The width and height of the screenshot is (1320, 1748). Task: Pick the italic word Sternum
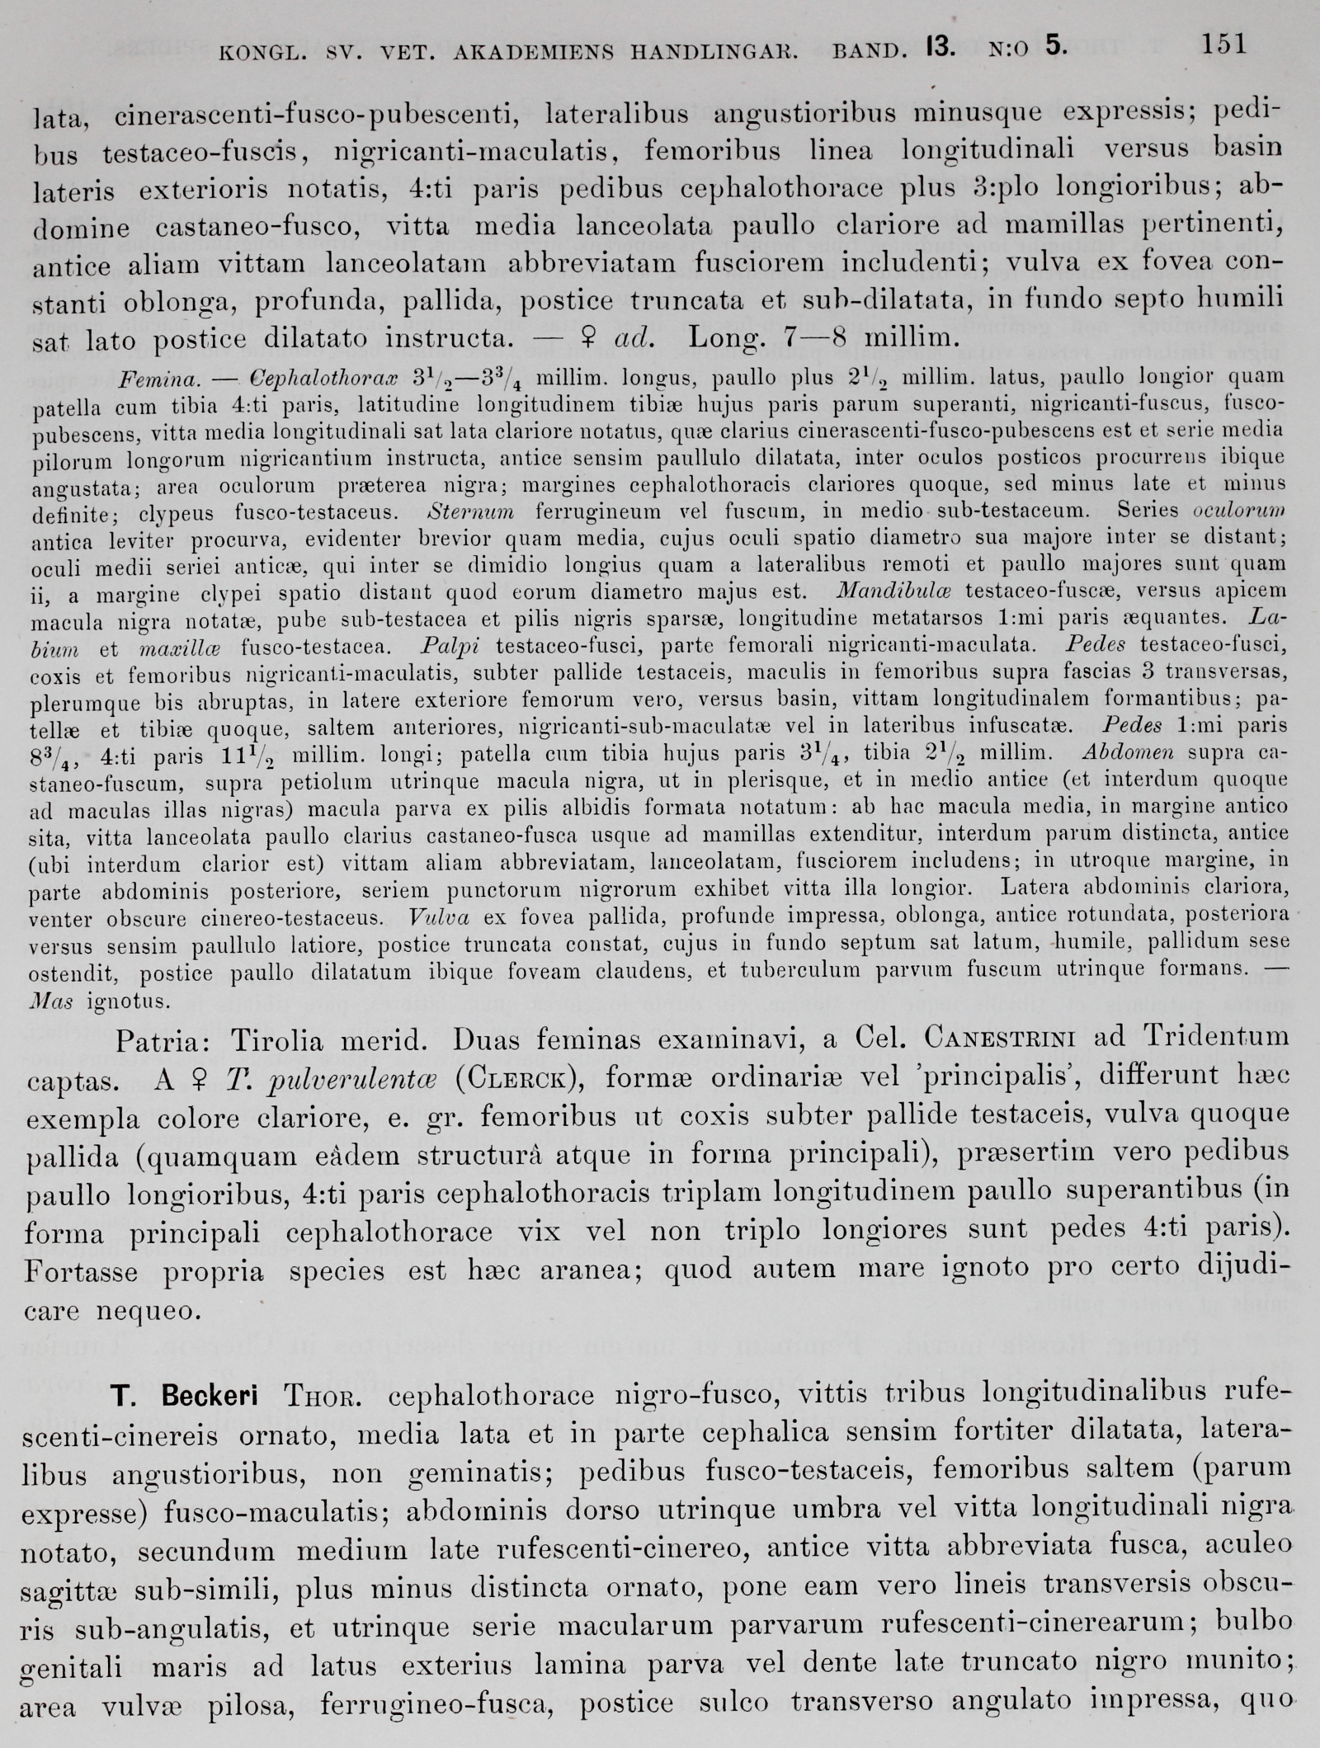click(x=472, y=511)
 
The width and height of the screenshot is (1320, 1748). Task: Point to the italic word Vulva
click(x=434, y=916)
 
